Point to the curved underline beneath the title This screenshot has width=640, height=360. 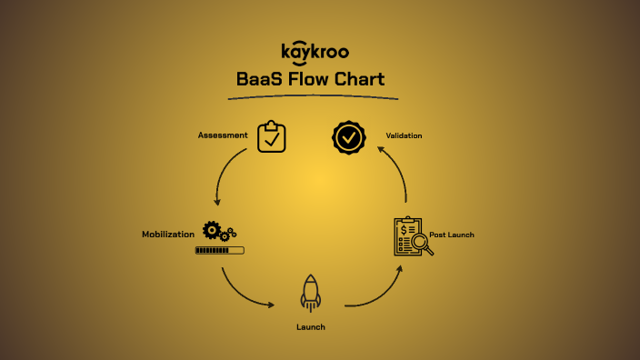[314, 95]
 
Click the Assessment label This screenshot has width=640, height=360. [223, 135]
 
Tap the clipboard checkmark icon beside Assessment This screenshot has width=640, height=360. [272, 137]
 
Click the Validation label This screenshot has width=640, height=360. [404, 135]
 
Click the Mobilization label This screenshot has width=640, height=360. [168, 235]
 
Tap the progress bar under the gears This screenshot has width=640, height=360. [219, 249]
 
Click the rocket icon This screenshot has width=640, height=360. [311, 295]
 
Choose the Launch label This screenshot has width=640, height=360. [310, 326]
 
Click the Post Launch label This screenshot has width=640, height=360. [452, 235]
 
